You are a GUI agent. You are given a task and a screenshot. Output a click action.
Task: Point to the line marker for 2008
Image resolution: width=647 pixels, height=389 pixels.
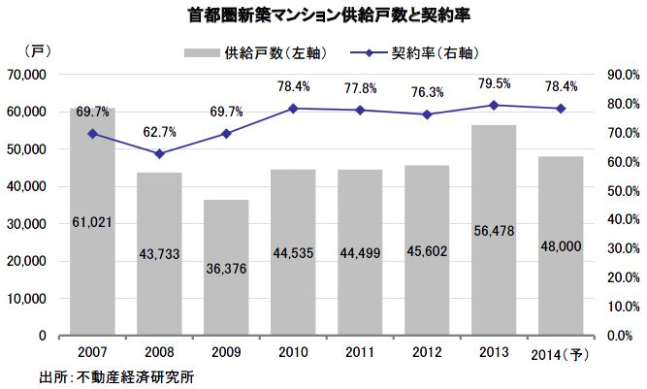click(x=159, y=153)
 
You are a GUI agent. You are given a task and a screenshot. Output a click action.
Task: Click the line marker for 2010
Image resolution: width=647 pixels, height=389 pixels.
click(x=293, y=109)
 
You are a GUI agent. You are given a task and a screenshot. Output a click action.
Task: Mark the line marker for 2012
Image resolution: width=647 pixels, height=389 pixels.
click(x=427, y=114)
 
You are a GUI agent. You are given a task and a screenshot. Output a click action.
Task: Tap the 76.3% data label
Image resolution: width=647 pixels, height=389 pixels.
click(x=427, y=93)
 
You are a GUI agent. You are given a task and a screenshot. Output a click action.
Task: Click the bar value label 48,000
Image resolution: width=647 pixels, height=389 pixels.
click(x=561, y=246)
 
